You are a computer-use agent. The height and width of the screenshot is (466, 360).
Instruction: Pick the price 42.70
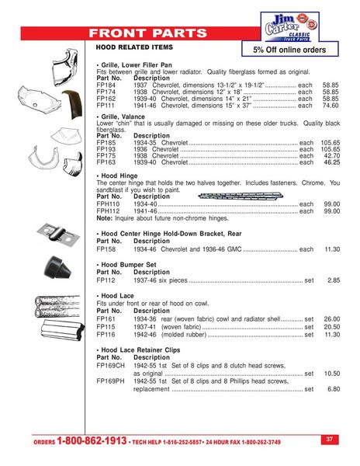[331, 157]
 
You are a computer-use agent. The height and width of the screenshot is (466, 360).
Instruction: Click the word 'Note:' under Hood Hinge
[105, 217]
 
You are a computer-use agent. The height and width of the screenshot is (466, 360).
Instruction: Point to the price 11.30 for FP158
[331, 249]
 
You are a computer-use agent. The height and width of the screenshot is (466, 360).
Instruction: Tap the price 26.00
[331, 319]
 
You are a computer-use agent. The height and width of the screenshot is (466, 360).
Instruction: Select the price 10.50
[331, 373]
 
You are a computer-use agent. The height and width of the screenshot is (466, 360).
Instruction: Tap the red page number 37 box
[329, 439]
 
